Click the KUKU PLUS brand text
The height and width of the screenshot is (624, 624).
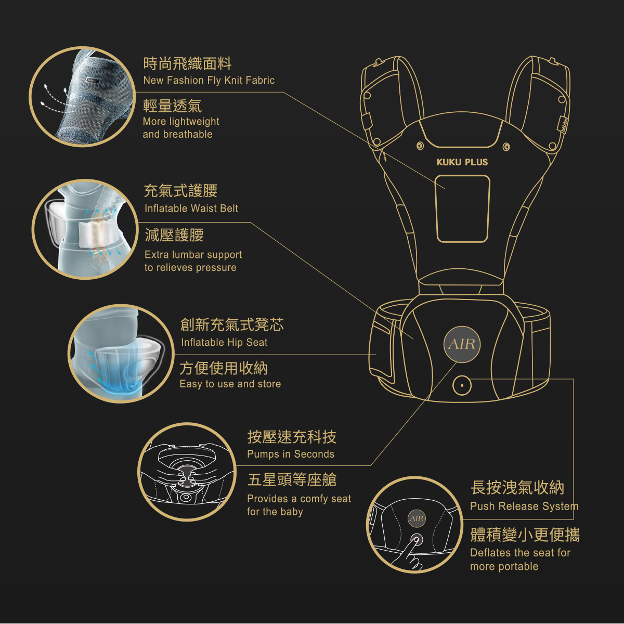tap(462, 162)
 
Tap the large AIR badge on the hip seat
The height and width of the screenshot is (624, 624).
tap(462, 344)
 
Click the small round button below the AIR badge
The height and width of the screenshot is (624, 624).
tap(461, 386)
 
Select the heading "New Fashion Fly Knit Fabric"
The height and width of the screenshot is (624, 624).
tap(209, 81)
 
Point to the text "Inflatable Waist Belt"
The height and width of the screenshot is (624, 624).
tap(191, 209)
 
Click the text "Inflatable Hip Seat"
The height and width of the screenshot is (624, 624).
tap(224, 343)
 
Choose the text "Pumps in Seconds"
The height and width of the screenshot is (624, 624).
tap(291, 454)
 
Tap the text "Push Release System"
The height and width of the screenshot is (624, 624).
tap(524, 506)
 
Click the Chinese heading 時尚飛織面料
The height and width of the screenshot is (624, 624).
tap(187, 64)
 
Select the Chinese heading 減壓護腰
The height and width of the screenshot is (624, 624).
tap(174, 235)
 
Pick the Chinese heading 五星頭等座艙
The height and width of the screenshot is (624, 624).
tap(292, 479)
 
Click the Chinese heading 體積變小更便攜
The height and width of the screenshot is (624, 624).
tap(525, 535)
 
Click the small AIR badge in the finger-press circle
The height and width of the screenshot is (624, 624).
tap(417, 518)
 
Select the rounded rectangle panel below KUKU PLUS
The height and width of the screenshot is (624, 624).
tap(463, 209)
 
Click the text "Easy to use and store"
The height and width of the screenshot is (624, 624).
tap(230, 384)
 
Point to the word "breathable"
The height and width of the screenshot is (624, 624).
tap(188, 135)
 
